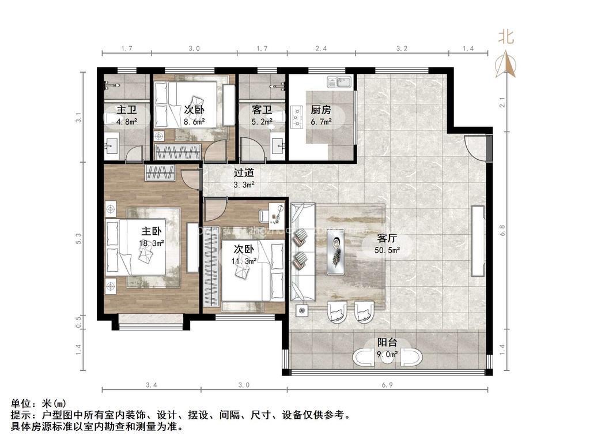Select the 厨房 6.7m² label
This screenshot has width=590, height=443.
pyautogui.click(x=321, y=115)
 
